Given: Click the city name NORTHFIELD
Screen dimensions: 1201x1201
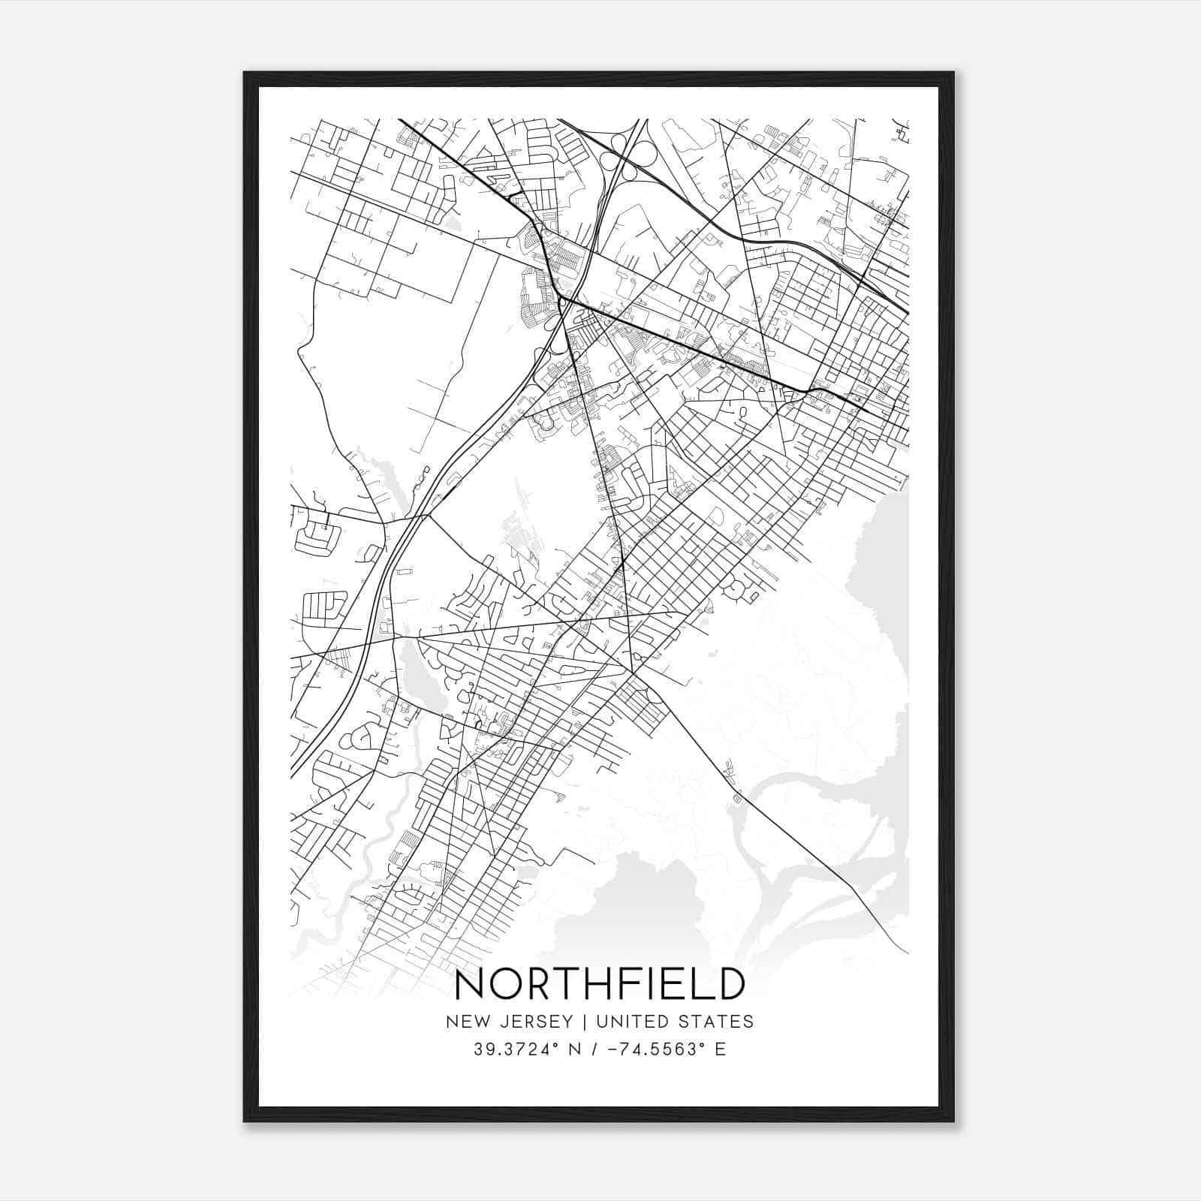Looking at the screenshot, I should point(600,985).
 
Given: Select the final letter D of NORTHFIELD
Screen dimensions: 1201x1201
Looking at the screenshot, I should point(728,985).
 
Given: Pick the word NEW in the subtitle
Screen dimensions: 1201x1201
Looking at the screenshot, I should point(466,1022).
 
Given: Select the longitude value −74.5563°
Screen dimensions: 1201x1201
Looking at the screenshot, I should point(654,1049).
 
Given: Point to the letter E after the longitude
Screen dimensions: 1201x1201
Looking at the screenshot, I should point(720,1049).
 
